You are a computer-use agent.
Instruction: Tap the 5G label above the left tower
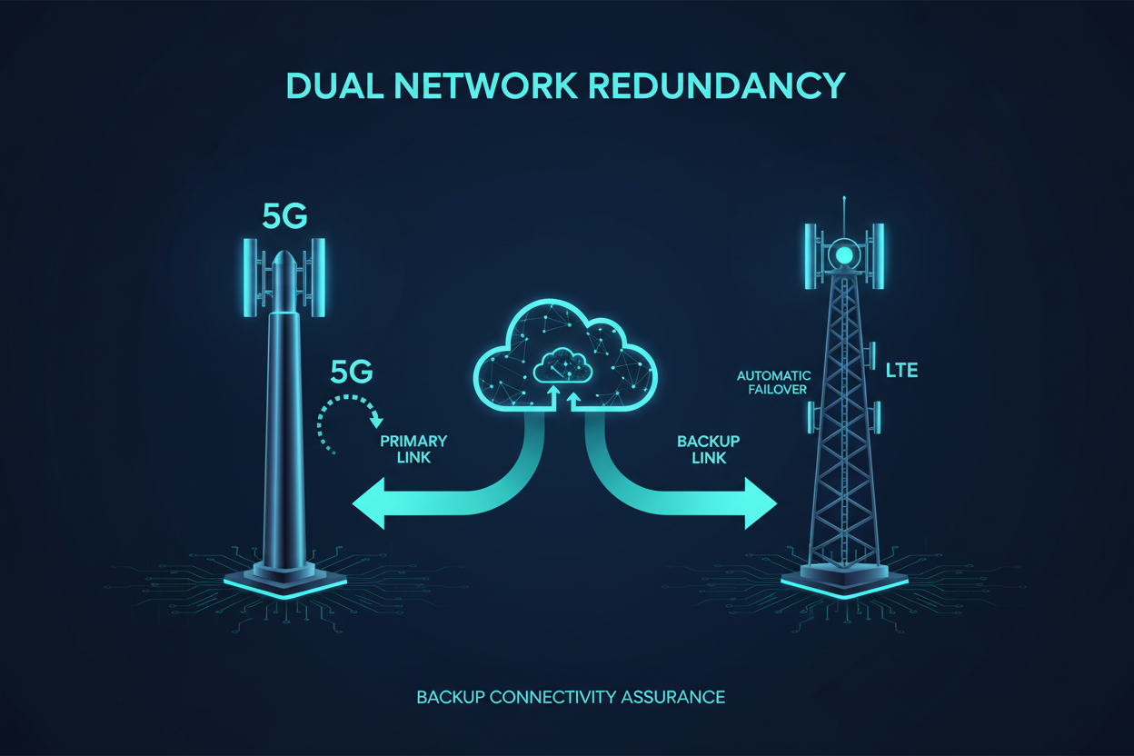284,216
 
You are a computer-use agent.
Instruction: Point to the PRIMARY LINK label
413,450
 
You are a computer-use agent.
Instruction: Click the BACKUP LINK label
708,450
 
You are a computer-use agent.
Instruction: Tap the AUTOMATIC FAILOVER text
773,383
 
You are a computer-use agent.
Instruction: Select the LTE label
901,371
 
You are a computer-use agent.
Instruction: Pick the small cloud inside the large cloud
564,365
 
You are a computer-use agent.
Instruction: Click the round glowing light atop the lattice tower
845,254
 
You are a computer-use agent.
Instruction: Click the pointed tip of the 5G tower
285,257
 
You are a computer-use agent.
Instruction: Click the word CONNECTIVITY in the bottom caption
553,698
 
